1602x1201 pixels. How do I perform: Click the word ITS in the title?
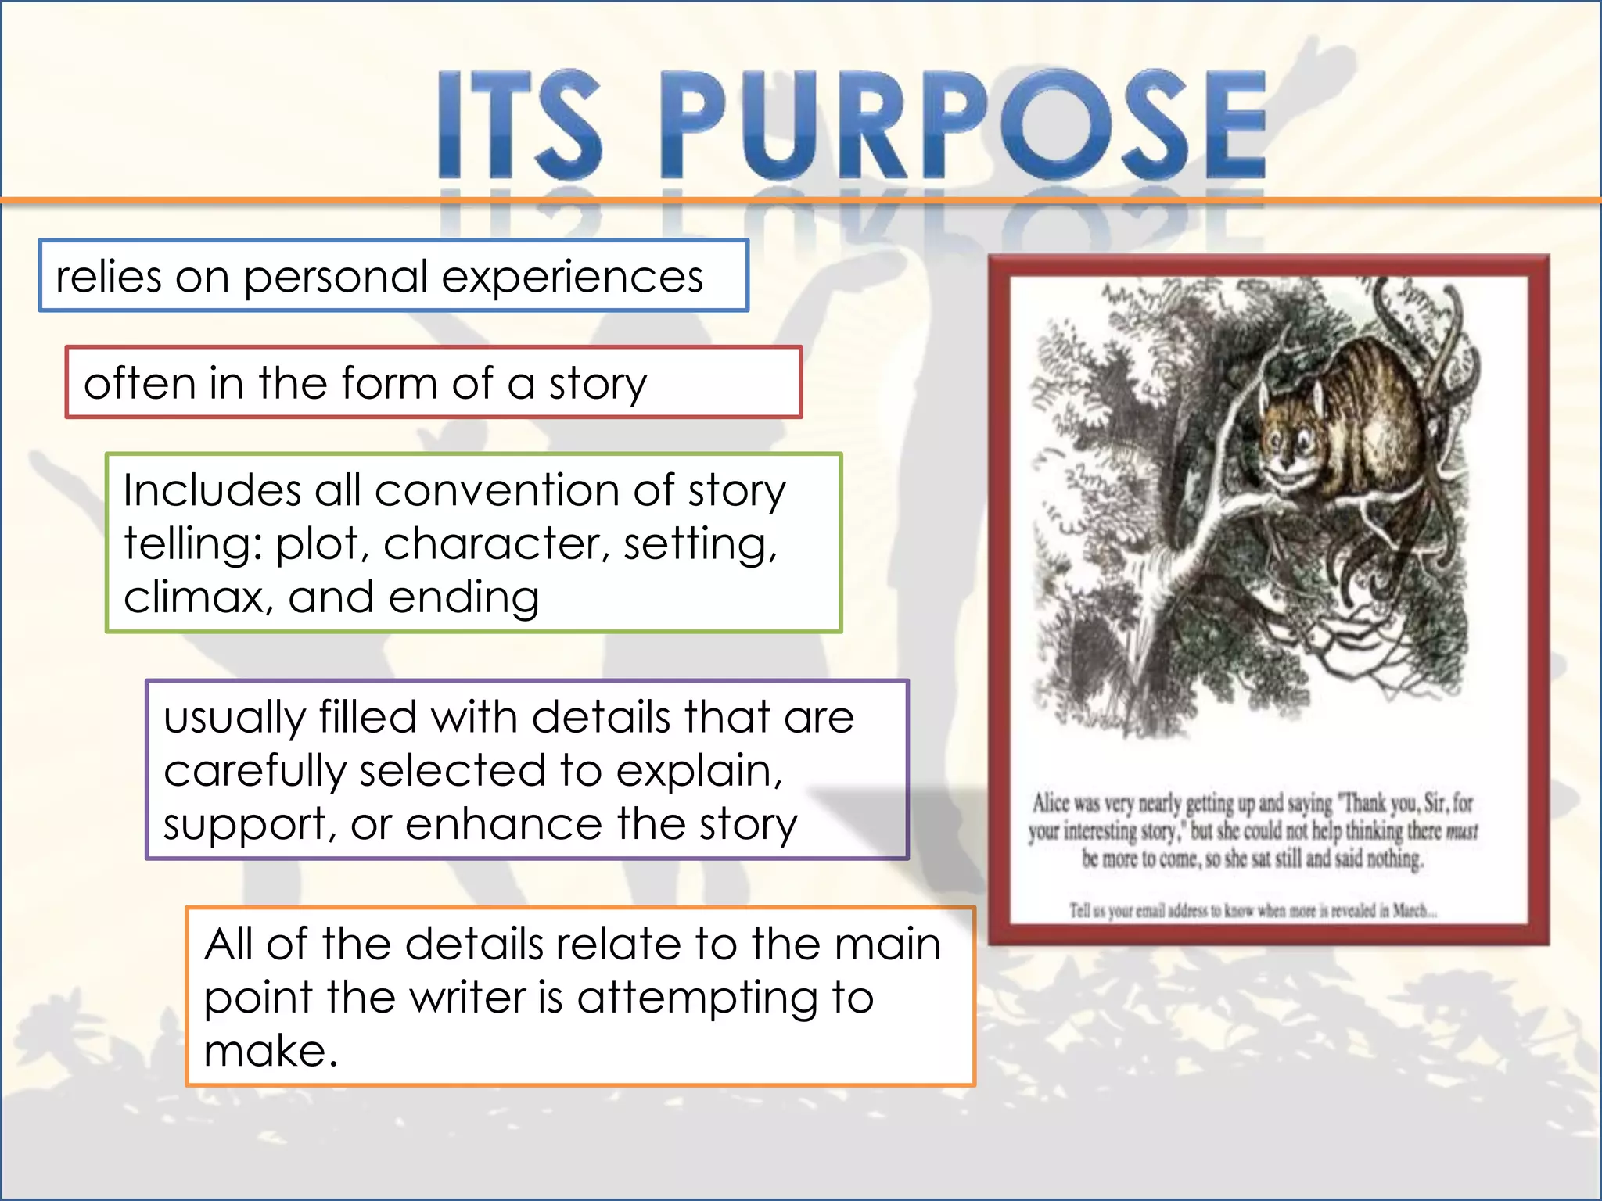pyautogui.click(x=520, y=125)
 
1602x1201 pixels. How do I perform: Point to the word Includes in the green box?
pyautogui.click(x=212, y=491)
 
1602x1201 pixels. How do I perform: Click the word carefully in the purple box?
pyautogui.click(x=254, y=773)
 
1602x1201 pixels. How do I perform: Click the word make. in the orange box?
pyautogui.click(x=271, y=1051)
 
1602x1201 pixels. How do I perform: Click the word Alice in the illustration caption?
pyautogui.click(x=1051, y=803)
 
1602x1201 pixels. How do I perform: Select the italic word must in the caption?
pyautogui.click(x=1461, y=832)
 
